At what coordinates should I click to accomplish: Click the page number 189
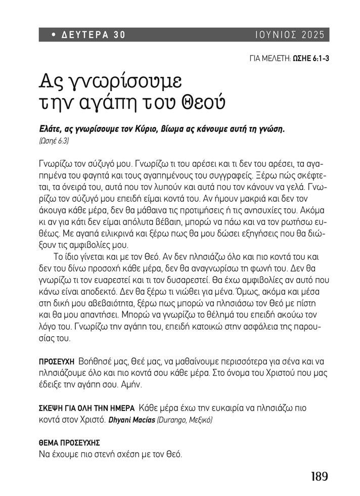[320, 476]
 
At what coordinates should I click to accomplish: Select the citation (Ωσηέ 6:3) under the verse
[54, 141]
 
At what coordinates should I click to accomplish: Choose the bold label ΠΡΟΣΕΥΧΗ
[57, 362]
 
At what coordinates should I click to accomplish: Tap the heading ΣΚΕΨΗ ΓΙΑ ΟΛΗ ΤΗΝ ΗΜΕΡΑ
[86, 408]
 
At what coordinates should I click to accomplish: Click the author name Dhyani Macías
[130, 419]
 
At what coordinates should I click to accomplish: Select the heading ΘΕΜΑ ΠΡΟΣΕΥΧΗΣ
[69, 443]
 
